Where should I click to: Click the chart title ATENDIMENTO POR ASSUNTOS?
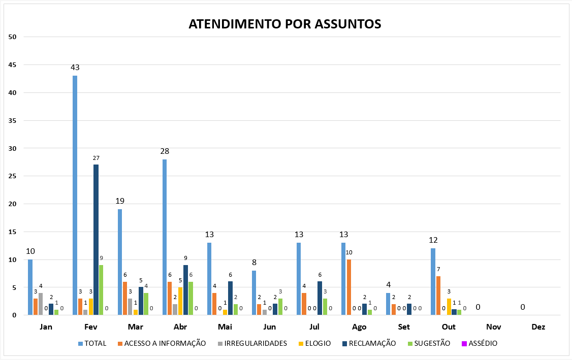pos(285,24)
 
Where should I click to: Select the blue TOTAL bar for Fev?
pos(75,195)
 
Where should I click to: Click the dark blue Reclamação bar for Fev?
pos(96,240)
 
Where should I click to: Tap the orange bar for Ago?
pos(349,287)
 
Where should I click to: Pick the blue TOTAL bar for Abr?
pos(165,237)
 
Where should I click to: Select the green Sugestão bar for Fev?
pos(102,290)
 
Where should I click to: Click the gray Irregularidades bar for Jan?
pos(41,304)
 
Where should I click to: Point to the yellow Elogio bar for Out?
pos(449,307)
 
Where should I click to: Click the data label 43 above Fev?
pos(75,67)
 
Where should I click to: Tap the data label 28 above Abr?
pos(165,151)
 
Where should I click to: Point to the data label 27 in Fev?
pos(96,158)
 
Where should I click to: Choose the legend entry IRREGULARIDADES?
pos(252,343)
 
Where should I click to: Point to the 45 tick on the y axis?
pos(13,65)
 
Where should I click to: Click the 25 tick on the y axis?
pos(13,176)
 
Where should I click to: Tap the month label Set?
pos(404,327)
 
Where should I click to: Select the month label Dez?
pos(538,327)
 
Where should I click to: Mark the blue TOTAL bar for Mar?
pos(120,262)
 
